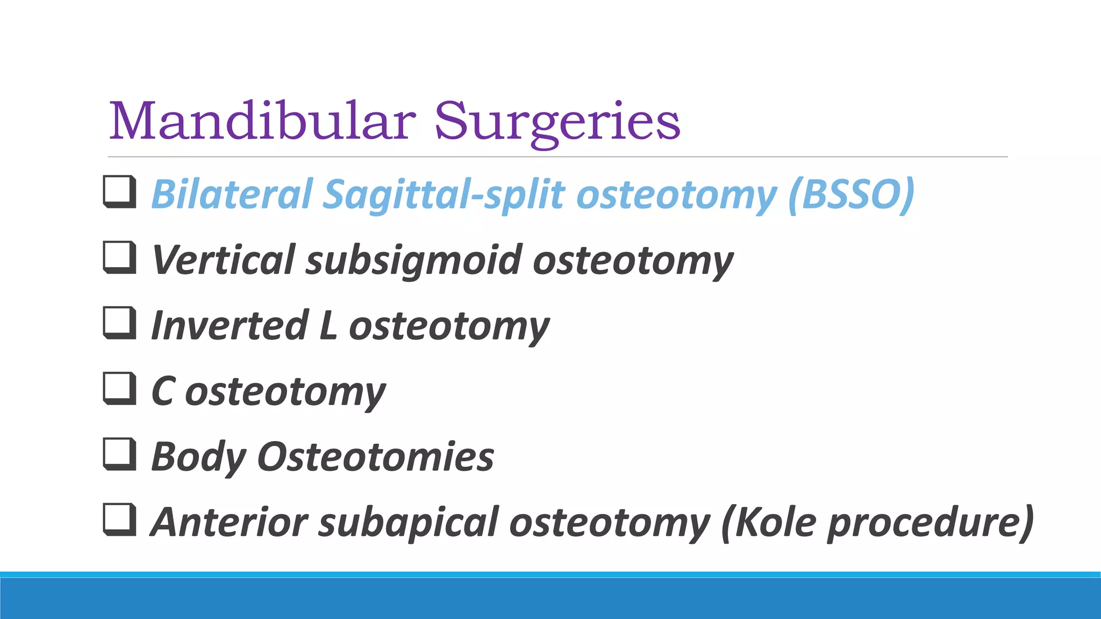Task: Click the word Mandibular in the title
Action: pyautogui.click(x=262, y=121)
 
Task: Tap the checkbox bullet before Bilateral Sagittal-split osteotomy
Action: pyautogui.click(x=119, y=192)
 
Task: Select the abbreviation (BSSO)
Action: pyautogui.click(x=851, y=195)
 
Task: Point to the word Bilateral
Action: pyautogui.click(x=232, y=195)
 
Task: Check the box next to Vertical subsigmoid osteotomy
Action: pyautogui.click(x=119, y=257)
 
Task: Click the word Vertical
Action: pyautogui.click(x=223, y=260)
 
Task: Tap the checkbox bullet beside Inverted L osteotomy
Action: pyautogui.click(x=119, y=323)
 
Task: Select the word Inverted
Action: pyautogui.click(x=230, y=326)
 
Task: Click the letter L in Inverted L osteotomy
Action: pyautogui.click(x=327, y=326)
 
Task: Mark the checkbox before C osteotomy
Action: pyautogui.click(x=119, y=388)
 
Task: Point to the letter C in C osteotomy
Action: pyautogui.click(x=162, y=391)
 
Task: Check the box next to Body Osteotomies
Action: pyautogui.click(x=119, y=454)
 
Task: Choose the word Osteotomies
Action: pyautogui.click(x=375, y=457)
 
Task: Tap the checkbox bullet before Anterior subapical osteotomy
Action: pyautogui.click(x=119, y=520)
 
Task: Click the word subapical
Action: pyautogui.click(x=409, y=523)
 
